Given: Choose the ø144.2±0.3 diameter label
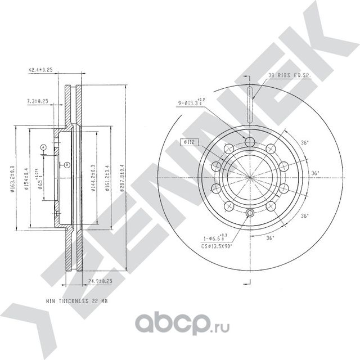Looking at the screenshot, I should [93, 178].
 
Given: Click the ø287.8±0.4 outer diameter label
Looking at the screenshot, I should [122, 178].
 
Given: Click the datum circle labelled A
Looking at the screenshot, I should [43, 147].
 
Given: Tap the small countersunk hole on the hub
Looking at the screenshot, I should [249, 213].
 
